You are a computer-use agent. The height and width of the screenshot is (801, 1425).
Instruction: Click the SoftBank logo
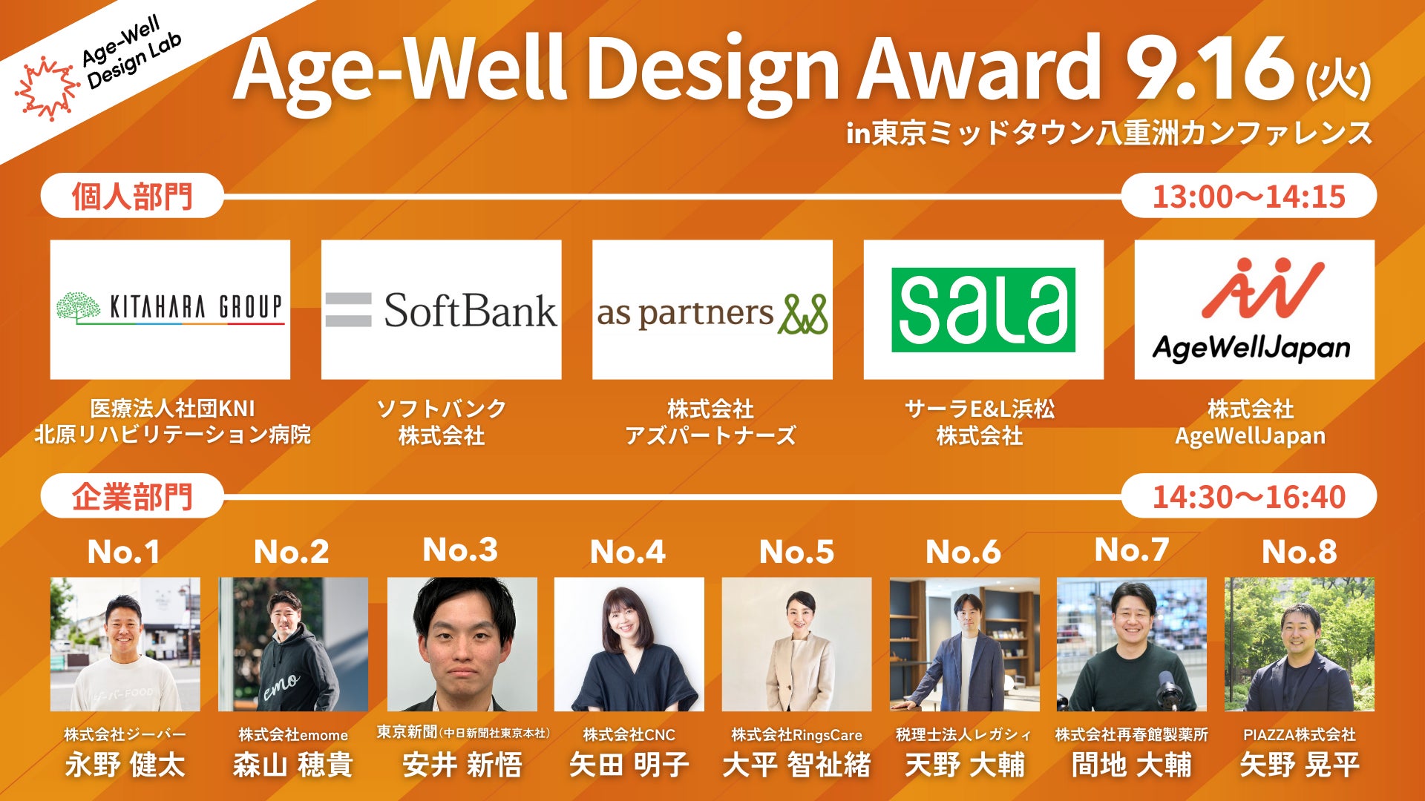(x=441, y=310)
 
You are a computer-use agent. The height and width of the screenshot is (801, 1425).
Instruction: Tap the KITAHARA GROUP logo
(x=170, y=308)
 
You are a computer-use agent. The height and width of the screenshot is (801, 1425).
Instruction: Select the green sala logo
(x=983, y=309)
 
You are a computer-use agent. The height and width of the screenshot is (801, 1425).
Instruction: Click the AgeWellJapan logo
(x=1254, y=309)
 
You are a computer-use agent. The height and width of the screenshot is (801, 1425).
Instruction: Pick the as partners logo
(x=712, y=313)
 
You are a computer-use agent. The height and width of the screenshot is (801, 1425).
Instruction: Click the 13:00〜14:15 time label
(x=1248, y=196)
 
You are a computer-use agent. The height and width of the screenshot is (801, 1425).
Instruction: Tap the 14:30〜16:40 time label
(x=1248, y=496)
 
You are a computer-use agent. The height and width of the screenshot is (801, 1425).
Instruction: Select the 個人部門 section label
(x=132, y=197)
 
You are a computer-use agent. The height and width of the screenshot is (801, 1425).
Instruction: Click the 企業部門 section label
(x=132, y=496)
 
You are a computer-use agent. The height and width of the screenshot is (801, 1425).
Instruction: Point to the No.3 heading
(x=460, y=550)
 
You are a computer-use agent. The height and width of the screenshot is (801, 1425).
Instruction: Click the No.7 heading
(x=1132, y=550)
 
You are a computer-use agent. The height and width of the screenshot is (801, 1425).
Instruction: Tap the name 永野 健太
(x=125, y=765)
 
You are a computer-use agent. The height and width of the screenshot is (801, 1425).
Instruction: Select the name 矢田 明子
(x=629, y=765)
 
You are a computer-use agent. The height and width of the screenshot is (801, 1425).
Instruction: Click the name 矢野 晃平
(x=1300, y=765)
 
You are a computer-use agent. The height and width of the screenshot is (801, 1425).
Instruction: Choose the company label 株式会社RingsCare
(x=796, y=734)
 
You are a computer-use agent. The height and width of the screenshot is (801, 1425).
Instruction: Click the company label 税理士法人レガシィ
(x=964, y=734)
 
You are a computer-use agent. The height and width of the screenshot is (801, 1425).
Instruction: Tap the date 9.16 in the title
(x=1210, y=68)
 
